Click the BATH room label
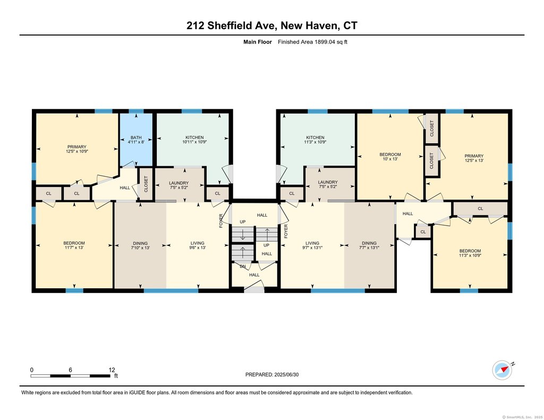point(136,138)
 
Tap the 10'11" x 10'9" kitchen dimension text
point(194,142)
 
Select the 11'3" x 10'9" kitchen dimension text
point(315,142)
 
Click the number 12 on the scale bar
point(112,370)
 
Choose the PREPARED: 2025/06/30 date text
point(272,374)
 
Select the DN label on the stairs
point(243,267)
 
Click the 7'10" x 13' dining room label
point(140,247)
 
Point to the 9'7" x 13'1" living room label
point(312,247)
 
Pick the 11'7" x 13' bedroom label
point(74,247)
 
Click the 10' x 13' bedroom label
point(390,159)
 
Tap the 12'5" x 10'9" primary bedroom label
point(76,151)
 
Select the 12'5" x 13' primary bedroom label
point(474,160)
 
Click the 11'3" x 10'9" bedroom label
point(470,255)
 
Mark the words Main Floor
point(258,42)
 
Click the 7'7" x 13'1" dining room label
point(369,247)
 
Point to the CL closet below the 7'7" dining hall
point(423,232)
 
